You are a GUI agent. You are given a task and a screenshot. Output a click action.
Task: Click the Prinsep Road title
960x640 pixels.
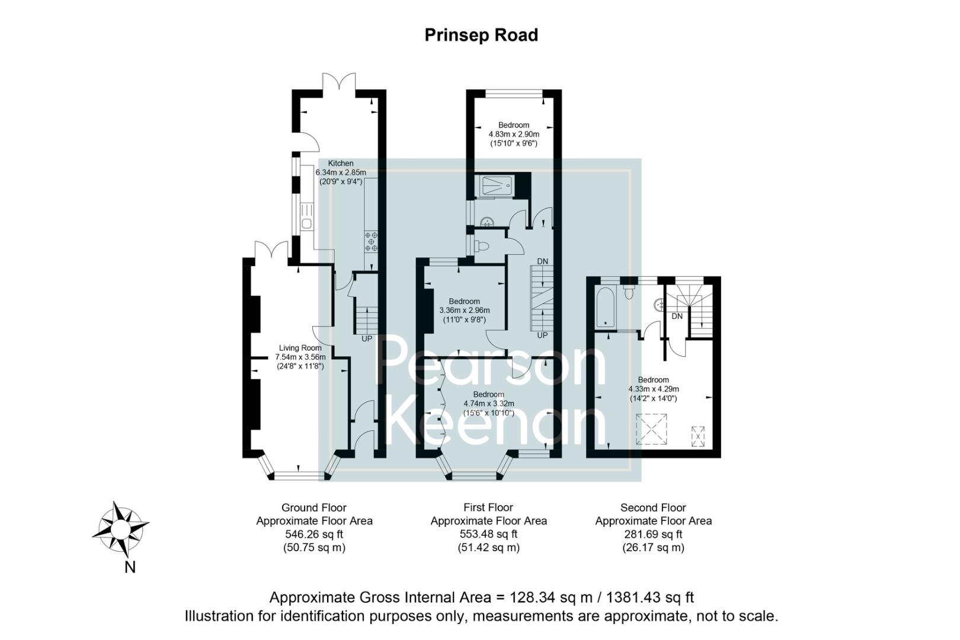(481, 35)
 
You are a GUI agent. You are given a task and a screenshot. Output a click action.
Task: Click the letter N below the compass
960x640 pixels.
(130, 567)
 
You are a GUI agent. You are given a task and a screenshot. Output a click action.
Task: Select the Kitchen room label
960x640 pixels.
(341, 163)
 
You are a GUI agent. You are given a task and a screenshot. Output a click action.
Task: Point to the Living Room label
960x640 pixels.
(300, 348)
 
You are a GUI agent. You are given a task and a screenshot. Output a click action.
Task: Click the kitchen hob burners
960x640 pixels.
(372, 241)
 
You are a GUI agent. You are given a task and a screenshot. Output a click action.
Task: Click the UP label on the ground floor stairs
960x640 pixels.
(367, 339)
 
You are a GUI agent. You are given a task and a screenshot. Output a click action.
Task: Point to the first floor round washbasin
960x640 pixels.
(487, 222)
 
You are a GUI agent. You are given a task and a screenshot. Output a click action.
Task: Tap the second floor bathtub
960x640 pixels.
(606, 307)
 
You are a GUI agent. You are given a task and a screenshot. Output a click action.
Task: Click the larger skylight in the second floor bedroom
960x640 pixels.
(652, 429)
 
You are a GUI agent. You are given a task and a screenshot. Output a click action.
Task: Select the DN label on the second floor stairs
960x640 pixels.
(677, 316)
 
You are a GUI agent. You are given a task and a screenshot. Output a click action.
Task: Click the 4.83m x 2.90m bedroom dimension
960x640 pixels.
(513, 135)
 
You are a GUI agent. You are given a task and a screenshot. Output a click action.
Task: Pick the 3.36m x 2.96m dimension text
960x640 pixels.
(464, 310)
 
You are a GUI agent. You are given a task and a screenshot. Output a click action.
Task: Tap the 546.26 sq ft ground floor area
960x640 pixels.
(314, 534)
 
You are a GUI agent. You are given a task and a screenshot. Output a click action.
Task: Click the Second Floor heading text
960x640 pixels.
(653, 508)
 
